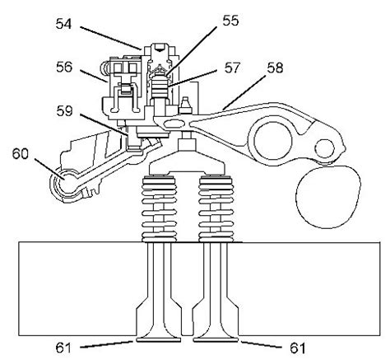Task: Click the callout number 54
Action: [63, 24]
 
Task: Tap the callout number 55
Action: [230, 21]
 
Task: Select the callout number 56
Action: [64, 67]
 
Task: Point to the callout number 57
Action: [233, 68]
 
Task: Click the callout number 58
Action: [275, 68]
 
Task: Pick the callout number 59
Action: [64, 111]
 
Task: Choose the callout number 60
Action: [21, 154]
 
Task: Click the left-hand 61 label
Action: [63, 348]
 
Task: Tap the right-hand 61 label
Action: [298, 348]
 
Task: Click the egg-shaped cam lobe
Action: [327, 196]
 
